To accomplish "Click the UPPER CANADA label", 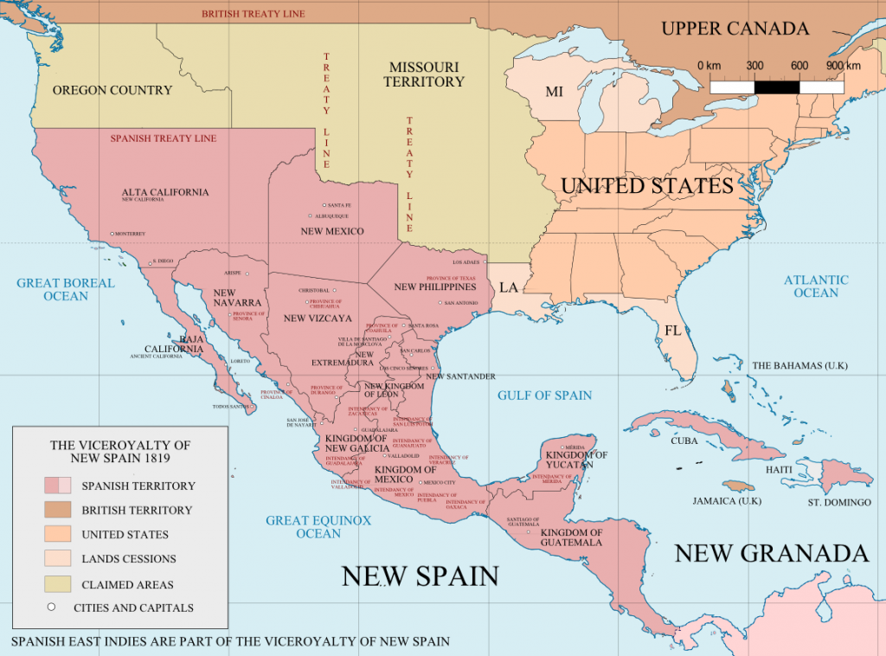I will [735, 29].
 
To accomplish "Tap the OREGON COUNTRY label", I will [112, 90].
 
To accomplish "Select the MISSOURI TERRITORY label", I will [424, 74].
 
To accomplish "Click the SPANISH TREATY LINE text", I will [163, 138].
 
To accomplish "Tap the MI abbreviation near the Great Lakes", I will [554, 92].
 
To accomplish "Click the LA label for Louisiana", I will [508, 287].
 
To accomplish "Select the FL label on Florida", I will [672, 330].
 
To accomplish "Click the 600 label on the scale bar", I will [799, 66].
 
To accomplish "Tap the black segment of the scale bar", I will [777, 87].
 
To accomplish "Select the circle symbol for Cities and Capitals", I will [51, 607].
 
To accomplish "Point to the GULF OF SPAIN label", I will [544, 396].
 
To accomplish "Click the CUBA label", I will [684, 441].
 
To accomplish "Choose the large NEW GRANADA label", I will [771, 553].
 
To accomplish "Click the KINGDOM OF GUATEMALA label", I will [571, 537].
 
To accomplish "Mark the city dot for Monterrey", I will [112, 234].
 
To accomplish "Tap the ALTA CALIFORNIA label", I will [164, 192].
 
